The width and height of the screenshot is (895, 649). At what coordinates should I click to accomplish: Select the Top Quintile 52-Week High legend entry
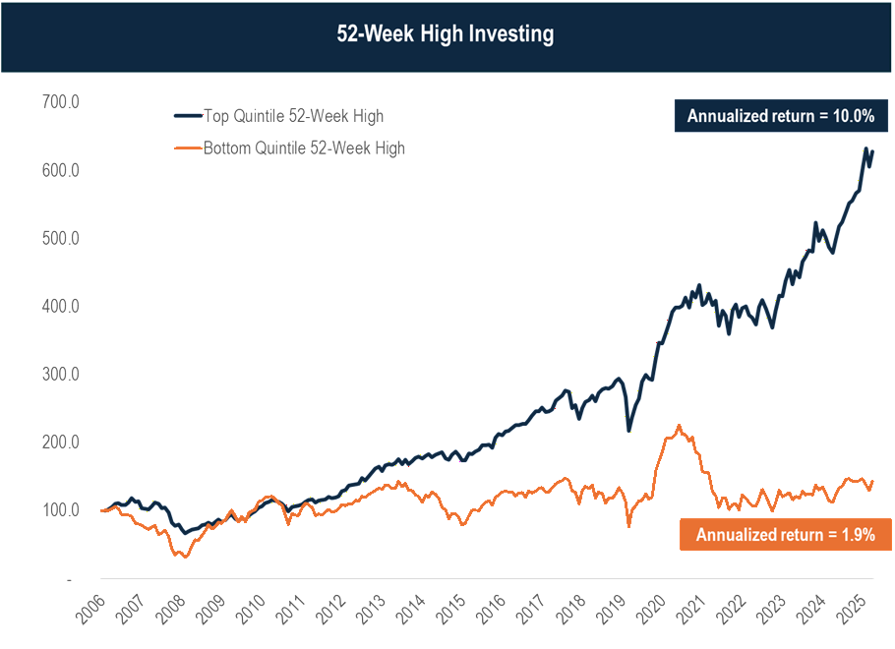292,116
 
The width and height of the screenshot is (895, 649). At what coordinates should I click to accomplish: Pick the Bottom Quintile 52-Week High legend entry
302,147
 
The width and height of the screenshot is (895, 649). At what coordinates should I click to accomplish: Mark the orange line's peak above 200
678,425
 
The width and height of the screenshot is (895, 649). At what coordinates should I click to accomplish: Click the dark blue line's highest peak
865,149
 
